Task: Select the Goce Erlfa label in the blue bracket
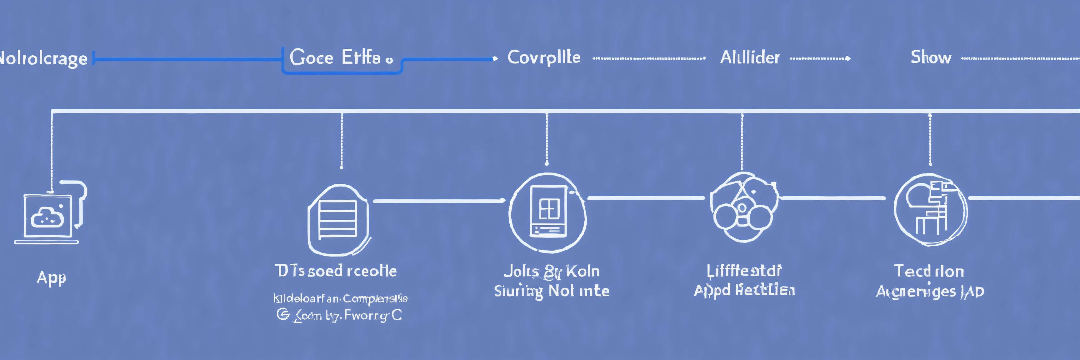[335, 57]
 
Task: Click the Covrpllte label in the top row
[544, 58]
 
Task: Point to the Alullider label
[750, 58]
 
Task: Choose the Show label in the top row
[931, 57]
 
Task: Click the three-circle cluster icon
[743, 207]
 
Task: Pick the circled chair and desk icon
[930, 210]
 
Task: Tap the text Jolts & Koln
[551, 272]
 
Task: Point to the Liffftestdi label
[744, 271]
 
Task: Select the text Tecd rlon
[929, 272]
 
